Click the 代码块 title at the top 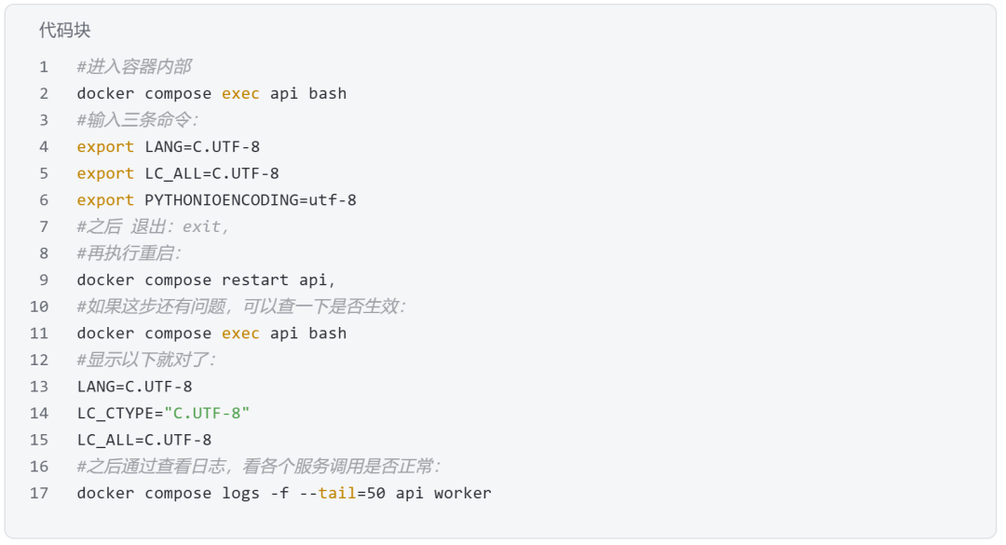(65, 30)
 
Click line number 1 (44, 67)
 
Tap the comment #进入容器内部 (134, 67)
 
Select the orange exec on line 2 (240, 94)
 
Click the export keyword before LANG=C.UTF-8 (105, 147)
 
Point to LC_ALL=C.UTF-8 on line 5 (211, 174)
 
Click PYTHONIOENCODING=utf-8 (251, 200)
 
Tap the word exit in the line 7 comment (201, 226)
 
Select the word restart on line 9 (255, 280)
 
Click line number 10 (39, 307)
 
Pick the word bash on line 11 (327, 334)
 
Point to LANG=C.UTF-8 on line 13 (135, 387)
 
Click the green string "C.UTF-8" (207, 414)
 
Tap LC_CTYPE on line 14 (116, 414)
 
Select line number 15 (39, 441)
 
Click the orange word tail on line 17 (337, 493)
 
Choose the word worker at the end (463, 494)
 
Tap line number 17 (39, 494)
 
